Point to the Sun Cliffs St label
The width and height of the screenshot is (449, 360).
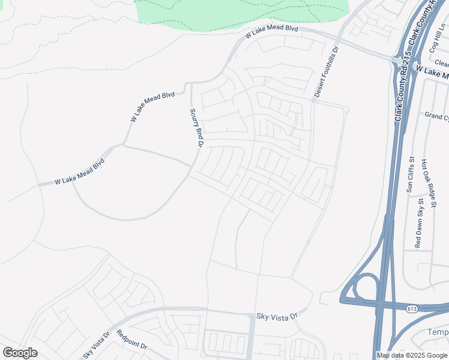coord(411,174)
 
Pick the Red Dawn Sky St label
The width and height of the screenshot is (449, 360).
coord(418,225)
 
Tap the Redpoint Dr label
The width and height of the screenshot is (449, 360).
coord(132,340)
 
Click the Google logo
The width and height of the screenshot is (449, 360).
coord(20,352)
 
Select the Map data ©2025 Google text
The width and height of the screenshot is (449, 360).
coord(412,355)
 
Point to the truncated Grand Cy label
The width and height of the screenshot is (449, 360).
coord(436,115)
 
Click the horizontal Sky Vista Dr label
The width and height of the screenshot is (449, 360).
coord(277,316)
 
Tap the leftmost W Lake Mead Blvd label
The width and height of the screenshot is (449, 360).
coord(79,172)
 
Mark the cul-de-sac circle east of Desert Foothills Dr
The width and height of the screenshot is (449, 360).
coord(345,109)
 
